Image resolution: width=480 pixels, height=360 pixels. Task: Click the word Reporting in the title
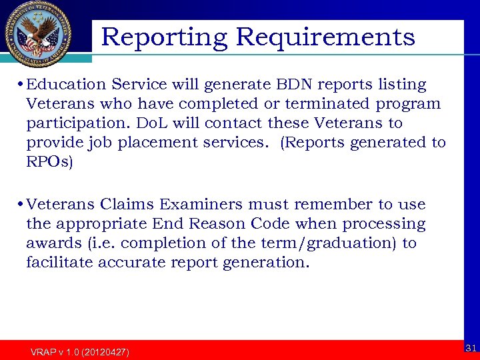click(x=164, y=37)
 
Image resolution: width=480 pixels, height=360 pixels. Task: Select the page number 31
click(x=471, y=347)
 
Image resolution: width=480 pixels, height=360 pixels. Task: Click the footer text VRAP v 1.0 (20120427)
click(x=80, y=351)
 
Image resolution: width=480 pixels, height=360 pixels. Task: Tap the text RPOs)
click(x=49, y=162)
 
